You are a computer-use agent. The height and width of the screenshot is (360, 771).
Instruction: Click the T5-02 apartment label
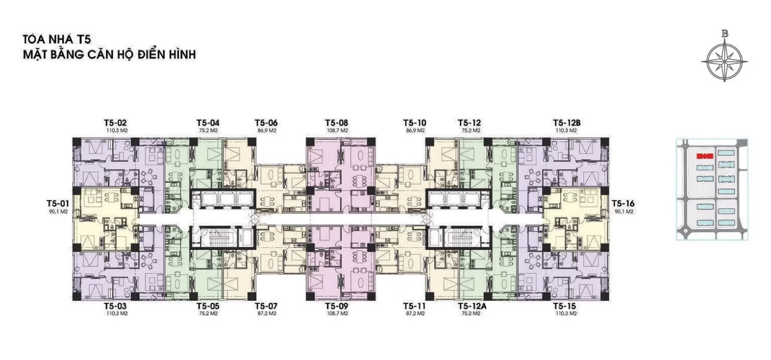115,123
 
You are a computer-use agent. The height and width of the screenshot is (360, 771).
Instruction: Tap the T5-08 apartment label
336,123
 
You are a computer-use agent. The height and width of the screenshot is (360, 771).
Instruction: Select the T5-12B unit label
567,123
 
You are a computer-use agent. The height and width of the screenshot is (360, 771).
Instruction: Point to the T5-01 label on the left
58,204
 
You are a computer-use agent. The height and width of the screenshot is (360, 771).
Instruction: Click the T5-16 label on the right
623,204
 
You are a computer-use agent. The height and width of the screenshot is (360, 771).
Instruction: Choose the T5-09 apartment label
336,306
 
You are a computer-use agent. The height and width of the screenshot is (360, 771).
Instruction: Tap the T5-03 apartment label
115,306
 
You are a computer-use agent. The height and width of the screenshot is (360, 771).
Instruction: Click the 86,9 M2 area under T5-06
266,131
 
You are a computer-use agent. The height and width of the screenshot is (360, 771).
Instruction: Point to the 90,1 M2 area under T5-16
624,212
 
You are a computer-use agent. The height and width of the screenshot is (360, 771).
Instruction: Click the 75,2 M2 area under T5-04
208,131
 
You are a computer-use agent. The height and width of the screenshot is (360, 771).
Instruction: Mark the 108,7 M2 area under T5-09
337,314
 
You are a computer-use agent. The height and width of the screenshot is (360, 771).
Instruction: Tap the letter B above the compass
725,33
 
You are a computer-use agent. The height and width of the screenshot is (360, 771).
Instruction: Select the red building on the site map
704,156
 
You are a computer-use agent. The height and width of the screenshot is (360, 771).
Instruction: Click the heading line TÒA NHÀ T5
57,39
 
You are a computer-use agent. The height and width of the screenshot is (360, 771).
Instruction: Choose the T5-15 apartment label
565,306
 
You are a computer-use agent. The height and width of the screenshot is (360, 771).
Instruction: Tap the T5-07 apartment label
266,306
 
